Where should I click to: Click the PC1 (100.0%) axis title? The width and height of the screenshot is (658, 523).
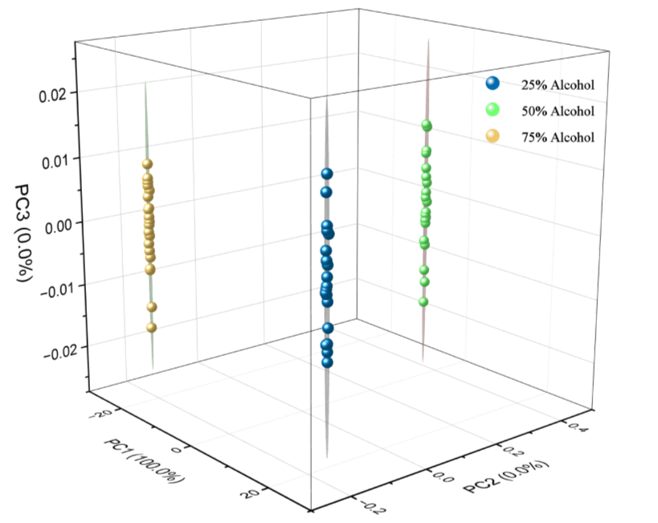(145, 462)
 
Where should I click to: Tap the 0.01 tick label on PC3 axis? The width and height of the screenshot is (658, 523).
(57, 160)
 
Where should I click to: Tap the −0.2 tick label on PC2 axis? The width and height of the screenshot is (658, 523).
(365, 505)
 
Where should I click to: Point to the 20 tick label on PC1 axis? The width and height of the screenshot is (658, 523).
(247, 492)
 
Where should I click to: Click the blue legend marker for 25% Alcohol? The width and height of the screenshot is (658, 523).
(492, 84)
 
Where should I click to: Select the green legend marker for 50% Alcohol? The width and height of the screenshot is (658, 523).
(492, 110)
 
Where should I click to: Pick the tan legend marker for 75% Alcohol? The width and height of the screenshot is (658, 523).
(492, 137)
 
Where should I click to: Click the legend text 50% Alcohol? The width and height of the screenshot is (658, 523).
(558, 111)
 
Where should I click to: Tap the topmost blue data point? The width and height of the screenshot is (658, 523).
(327, 174)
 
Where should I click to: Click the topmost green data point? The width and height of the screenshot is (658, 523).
(427, 125)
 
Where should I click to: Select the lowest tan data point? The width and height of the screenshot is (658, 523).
(151, 327)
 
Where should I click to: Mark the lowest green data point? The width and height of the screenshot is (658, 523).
(423, 302)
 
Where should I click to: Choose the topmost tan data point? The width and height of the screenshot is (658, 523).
(148, 164)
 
